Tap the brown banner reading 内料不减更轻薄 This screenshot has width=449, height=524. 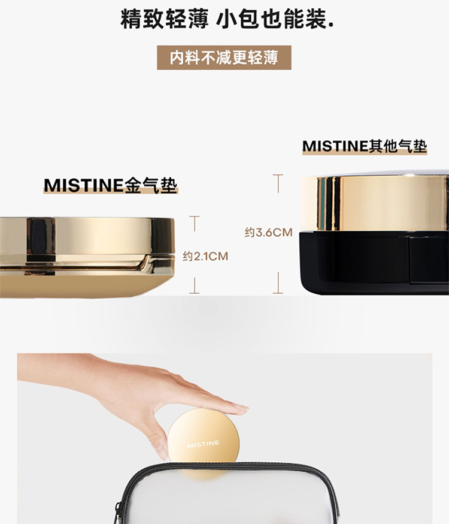[224, 58]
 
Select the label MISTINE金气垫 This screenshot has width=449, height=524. [110, 185]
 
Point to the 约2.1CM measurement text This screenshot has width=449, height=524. [205, 256]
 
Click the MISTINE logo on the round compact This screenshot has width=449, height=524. [203, 444]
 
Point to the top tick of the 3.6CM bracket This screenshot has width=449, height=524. [278, 175]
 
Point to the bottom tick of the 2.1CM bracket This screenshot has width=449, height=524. [194, 293]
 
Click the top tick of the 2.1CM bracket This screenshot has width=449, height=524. [194, 217]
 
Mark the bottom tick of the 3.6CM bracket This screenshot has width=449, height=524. [278, 293]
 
